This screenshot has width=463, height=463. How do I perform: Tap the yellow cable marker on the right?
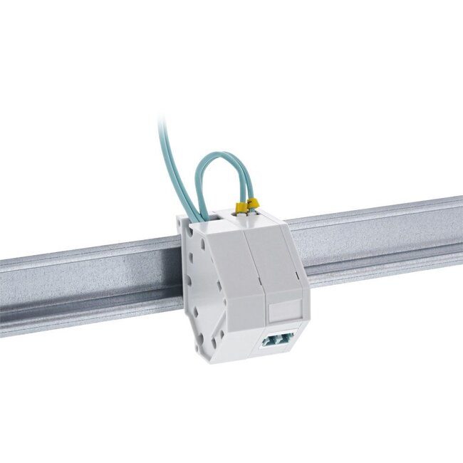point(252,204)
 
